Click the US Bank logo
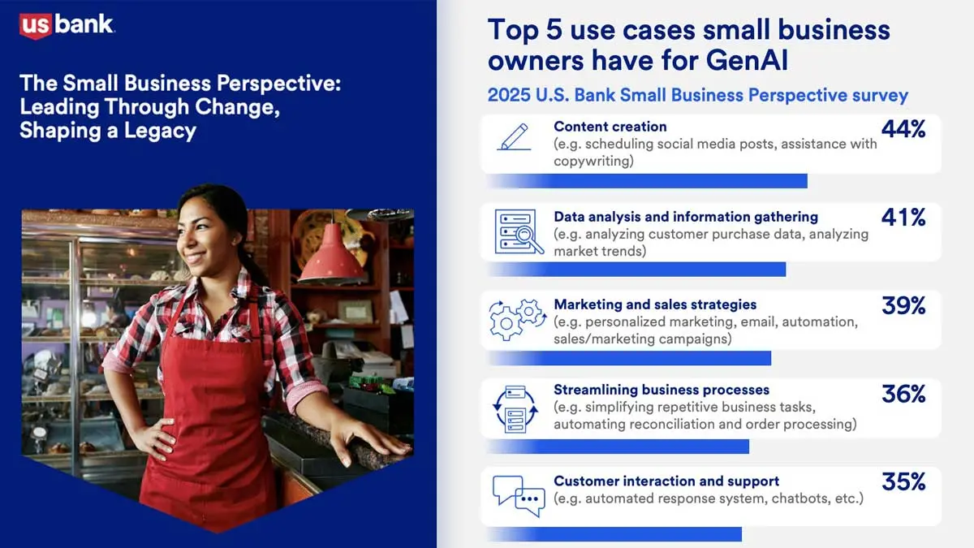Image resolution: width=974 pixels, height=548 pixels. [67, 25]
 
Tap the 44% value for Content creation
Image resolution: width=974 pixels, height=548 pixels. [903, 129]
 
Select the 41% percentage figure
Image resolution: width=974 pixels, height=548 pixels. [903, 218]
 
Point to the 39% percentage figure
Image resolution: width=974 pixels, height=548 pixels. [903, 305]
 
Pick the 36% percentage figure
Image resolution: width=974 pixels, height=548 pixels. [903, 394]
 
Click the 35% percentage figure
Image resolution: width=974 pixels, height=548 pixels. [903, 481]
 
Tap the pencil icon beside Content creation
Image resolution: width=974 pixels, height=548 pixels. [514, 136]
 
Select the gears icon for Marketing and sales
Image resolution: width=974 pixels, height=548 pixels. [517, 319]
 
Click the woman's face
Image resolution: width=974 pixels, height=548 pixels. [201, 227]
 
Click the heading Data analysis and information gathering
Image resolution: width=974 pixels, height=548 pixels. [686, 217]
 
